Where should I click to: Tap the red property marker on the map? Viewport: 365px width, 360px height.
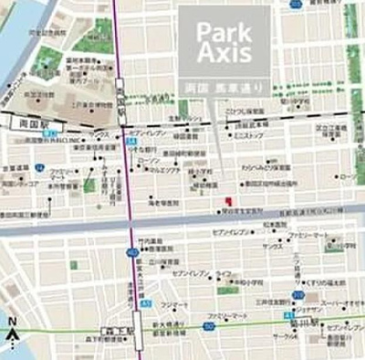(228, 200)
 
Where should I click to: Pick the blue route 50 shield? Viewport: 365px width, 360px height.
(208, 325)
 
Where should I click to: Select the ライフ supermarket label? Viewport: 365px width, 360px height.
(224, 273)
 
